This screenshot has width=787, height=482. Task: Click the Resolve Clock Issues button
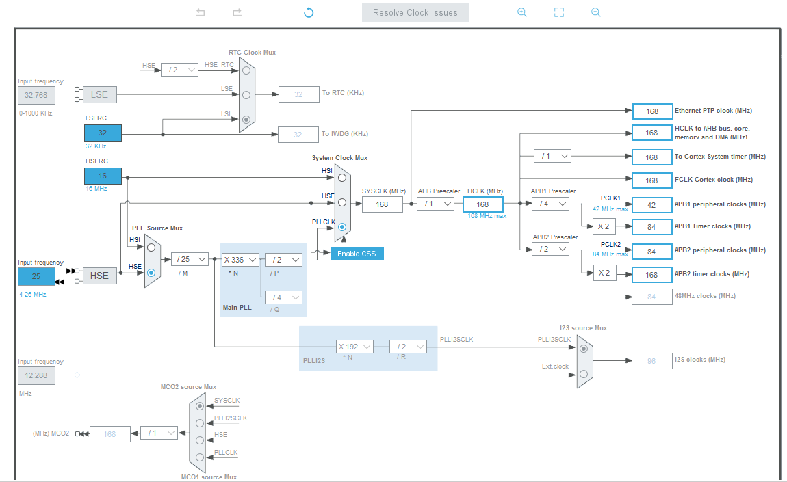point(415,12)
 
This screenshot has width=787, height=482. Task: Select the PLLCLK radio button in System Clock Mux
point(341,226)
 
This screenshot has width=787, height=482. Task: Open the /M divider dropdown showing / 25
point(190,259)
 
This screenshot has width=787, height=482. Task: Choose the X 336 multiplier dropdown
point(240,259)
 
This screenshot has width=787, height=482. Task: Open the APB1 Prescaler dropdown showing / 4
point(550,204)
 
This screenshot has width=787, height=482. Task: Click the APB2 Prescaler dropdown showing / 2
point(550,249)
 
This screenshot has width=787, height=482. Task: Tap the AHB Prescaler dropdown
point(435,204)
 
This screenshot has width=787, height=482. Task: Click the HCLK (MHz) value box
point(482,204)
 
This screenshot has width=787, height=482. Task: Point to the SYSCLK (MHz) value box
point(382,204)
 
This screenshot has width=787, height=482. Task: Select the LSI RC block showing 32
point(103,133)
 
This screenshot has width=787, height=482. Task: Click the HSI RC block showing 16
point(103,176)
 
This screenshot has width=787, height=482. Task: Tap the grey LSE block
point(100,94)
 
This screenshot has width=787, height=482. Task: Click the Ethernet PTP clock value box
point(651,111)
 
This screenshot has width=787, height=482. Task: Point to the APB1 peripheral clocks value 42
point(651,204)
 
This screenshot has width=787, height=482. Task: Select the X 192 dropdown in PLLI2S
point(355,347)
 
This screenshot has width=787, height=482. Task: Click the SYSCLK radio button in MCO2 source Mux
point(199,405)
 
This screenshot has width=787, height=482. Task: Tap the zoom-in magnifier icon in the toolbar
point(522,12)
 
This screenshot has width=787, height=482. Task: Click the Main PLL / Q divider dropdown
point(284,297)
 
